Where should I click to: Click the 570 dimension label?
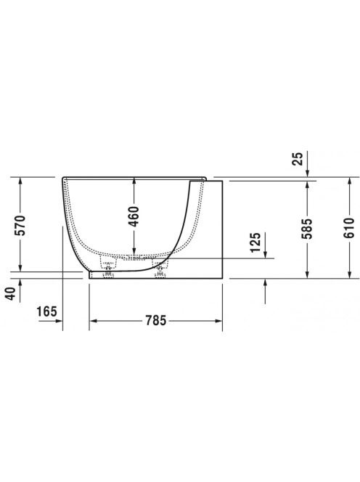[20, 225]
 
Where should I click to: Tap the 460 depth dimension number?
[134, 216]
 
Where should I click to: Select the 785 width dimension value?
[156, 321]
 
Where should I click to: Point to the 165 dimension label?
[46, 311]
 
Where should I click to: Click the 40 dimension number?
[11, 293]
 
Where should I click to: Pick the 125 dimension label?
[255, 242]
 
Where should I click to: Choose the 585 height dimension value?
[307, 229]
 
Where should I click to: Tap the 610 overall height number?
[349, 228]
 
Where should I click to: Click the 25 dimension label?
[298, 159]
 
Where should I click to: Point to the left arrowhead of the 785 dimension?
[92, 321]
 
